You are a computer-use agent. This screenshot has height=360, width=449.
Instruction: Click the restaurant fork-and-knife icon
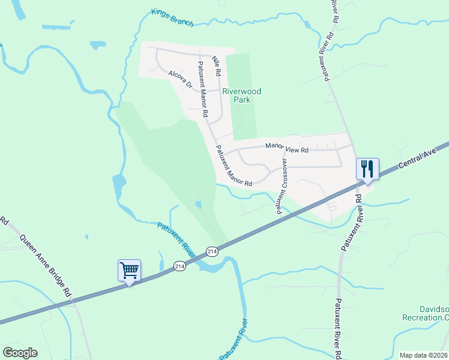click(367, 169)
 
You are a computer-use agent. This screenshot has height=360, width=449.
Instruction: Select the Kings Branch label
click(172, 18)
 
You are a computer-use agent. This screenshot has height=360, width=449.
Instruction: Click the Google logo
click(20, 353)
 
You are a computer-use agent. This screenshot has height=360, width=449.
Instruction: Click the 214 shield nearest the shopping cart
click(179, 265)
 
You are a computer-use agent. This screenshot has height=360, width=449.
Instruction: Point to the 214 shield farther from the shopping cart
click(211, 251)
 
